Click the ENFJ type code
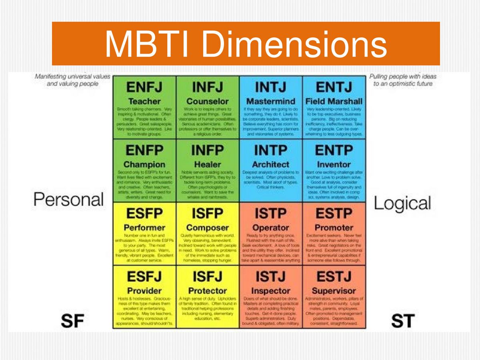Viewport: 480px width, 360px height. [x=144, y=87]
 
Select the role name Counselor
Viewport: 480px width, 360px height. [x=208, y=101]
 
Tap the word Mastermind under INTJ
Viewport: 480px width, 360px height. [x=270, y=101]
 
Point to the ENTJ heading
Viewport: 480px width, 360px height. [x=334, y=87]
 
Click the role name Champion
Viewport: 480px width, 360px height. [x=144, y=164]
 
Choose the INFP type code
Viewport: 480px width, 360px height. [x=208, y=150]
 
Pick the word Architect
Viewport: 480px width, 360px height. [x=270, y=164]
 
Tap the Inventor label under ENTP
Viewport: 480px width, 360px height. [x=334, y=164]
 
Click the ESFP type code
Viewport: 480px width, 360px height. [x=144, y=214]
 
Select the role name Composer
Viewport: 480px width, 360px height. [x=208, y=228]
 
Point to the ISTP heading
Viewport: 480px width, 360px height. [x=270, y=214]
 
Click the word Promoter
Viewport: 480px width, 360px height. [x=334, y=228]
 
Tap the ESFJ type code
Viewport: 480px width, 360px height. [x=144, y=276]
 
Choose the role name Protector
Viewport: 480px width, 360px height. [x=208, y=291]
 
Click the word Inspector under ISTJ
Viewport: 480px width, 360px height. [x=270, y=291]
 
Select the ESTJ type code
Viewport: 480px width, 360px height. [x=334, y=276]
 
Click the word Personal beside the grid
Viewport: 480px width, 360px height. [x=68, y=199]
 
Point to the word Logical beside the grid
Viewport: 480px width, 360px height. [x=402, y=203]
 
